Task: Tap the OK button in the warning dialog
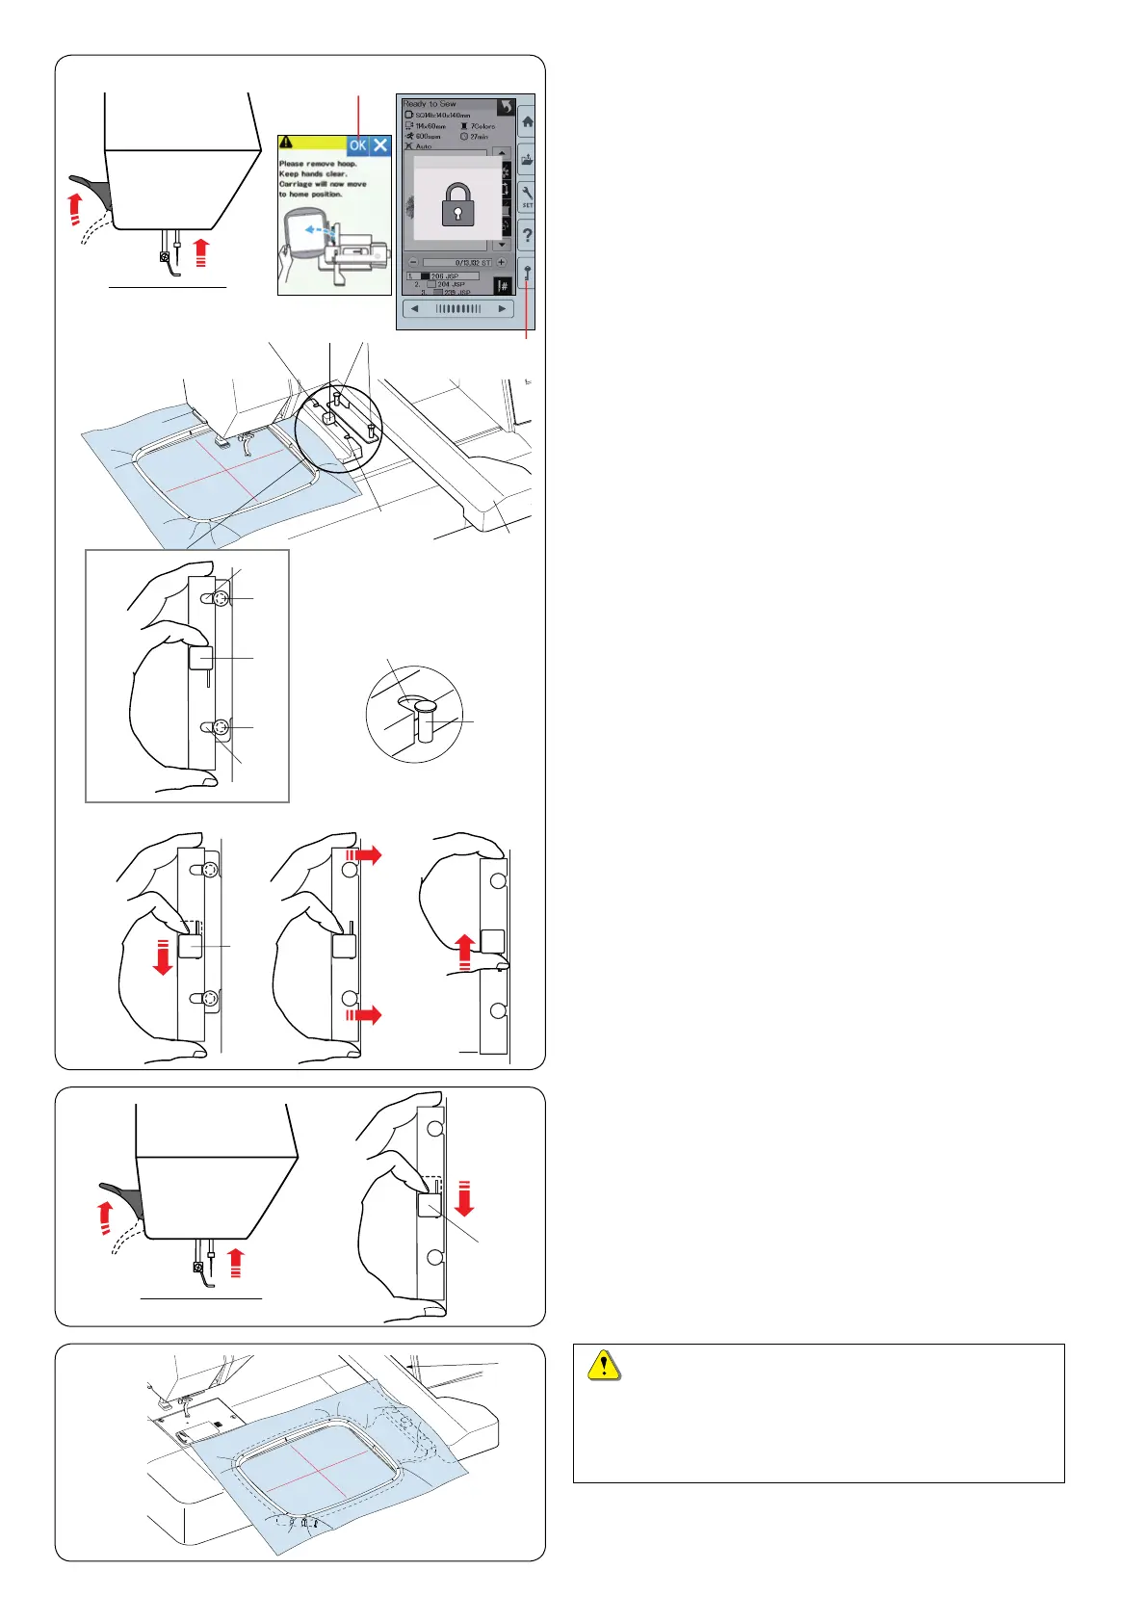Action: point(357,145)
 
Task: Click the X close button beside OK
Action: point(380,145)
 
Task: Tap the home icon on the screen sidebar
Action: point(527,123)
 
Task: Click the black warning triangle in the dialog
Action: point(286,143)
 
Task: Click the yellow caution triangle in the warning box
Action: point(604,1366)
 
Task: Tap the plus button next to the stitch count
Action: point(501,262)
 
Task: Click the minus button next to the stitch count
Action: point(413,262)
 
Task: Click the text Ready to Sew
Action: point(430,104)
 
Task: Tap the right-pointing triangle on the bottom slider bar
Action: point(502,309)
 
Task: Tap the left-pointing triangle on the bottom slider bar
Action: point(415,309)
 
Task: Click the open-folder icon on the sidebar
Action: point(527,160)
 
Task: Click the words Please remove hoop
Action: point(318,164)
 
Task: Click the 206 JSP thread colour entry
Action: point(448,276)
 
